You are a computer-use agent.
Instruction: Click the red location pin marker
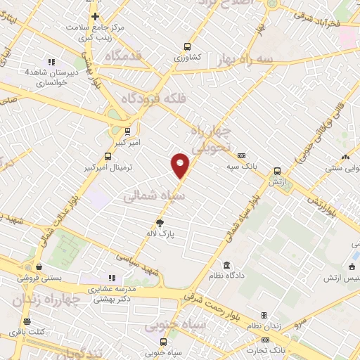[181, 165]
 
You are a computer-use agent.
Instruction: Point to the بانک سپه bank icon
[241, 155]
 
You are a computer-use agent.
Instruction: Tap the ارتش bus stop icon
[277, 170]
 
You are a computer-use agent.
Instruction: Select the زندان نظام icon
[264, 316]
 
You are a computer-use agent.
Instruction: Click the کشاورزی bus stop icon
[187, 44]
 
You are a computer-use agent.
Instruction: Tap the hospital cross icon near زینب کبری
[95, 16]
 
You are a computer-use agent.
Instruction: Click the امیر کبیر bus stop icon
[127, 130]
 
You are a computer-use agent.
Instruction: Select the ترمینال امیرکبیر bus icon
[108, 156]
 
